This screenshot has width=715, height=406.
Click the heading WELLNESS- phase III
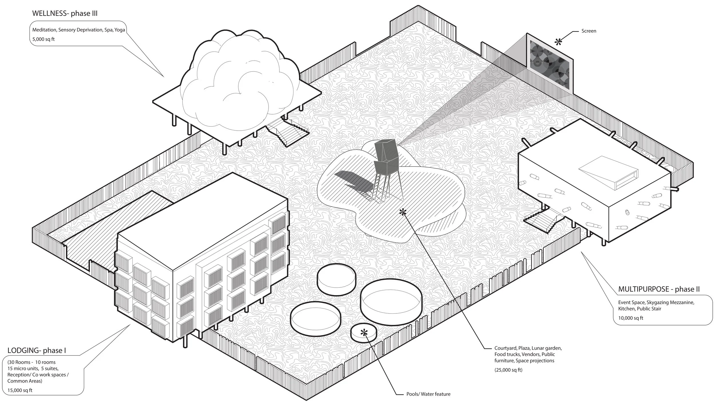pos(65,13)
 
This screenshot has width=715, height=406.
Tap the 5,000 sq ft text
pos(43,39)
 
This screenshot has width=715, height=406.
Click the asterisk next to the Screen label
pos(558,43)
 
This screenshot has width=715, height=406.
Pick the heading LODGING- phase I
pos(37,351)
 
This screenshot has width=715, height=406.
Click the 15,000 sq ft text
pos(20,390)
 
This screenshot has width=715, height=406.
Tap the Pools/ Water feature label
pos(428,394)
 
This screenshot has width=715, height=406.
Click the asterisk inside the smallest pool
pos(364,332)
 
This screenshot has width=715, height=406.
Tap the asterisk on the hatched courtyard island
pos(403,212)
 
